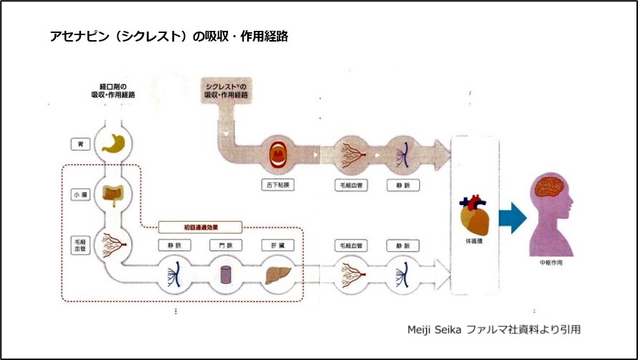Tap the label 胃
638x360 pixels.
click(x=80, y=144)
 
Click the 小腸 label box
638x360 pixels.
click(x=80, y=194)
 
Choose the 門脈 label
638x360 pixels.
click(x=226, y=245)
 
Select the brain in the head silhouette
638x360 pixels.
click(x=553, y=186)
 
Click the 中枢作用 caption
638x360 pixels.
click(x=554, y=263)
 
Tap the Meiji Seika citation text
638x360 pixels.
click(x=492, y=329)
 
